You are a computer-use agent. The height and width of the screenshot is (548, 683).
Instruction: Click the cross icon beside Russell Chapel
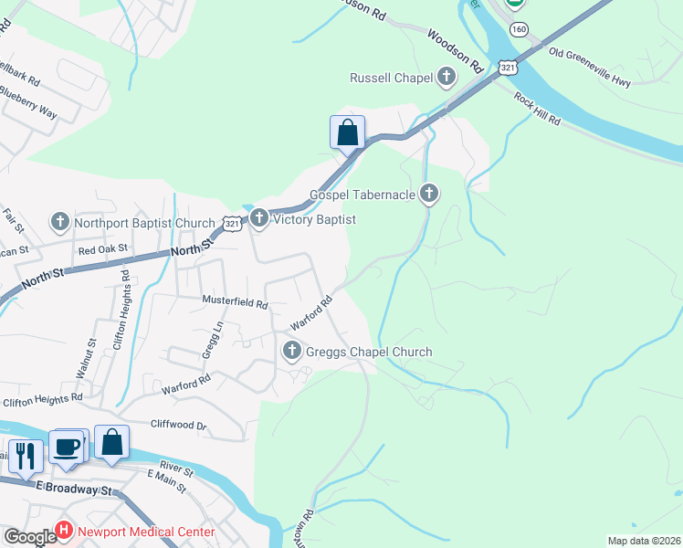click(x=447, y=78)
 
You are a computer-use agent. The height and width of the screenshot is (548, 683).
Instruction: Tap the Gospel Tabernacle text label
click(x=363, y=194)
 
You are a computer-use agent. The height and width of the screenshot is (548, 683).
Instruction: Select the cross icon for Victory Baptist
click(x=259, y=219)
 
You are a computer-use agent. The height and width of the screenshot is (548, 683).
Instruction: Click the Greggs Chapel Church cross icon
click(x=292, y=351)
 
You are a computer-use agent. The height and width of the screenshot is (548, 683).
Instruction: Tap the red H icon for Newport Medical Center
click(x=64, y=531)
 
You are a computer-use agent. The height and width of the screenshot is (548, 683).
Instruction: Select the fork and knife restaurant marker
click(x=26, y=455)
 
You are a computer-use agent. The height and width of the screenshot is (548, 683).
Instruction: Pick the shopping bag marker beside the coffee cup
click(x=111, y=442)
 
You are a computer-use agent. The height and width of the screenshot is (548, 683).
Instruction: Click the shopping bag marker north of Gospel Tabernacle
click(x=347, y=132)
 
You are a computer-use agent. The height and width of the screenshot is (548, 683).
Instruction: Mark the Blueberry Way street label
click(x=28, y=102)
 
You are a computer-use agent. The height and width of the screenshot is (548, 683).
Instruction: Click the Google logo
click(x=29, y=536)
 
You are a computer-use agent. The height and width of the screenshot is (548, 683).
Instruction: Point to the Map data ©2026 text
click(x=643, y=541)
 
